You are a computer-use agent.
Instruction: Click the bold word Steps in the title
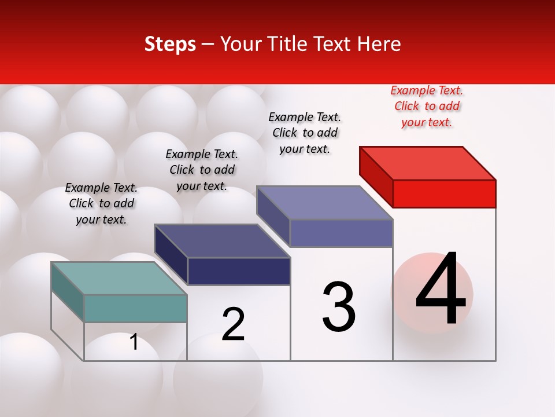(x=170, y=44)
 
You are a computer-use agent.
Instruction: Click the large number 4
(x=441, y=290)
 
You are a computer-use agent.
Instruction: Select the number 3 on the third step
(x=339, y=307)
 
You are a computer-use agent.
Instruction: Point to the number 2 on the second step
(x=233, y=325)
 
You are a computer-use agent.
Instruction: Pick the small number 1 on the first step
(x=134, y=342)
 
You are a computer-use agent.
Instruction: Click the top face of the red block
(x=428, y=163)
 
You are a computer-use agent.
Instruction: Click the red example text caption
(x=427, y=107)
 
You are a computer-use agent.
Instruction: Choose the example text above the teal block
(x=101, y=204)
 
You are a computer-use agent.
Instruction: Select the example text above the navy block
(x=202, y=170)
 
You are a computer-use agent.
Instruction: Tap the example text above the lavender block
(x=305, y=133)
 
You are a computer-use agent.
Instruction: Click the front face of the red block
(x=444, y=193)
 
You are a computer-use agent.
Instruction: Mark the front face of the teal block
(x=135, y=308)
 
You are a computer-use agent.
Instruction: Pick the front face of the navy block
(x=239, y=271)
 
